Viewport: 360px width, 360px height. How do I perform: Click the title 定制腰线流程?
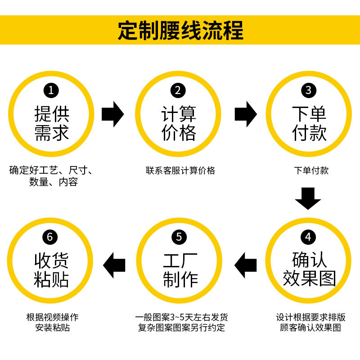[180, 31]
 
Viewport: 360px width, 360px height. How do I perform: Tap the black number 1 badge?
[51, 90]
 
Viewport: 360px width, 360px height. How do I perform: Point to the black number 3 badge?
[308, 90]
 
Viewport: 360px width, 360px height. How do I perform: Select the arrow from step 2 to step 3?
[245, 114]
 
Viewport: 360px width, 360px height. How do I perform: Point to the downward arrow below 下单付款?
[308, 198]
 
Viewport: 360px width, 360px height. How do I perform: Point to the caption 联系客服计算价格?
[180, 171]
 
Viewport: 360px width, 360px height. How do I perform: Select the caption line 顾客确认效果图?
[309, 328]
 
